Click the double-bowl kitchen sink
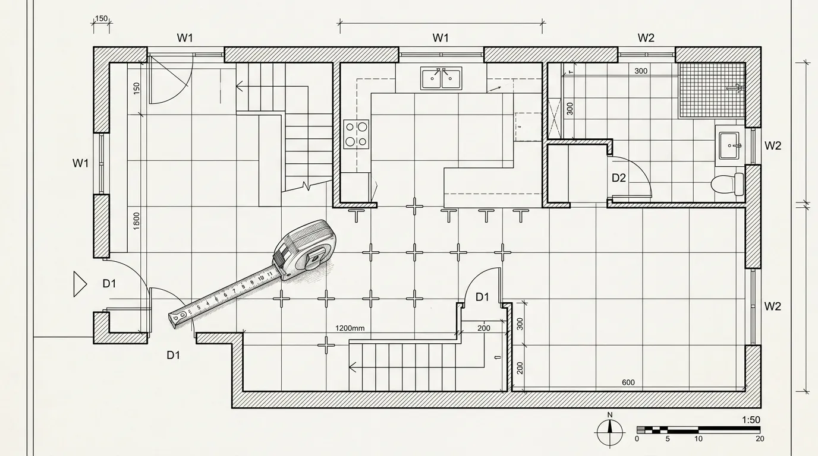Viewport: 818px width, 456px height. click(x=441, y=78)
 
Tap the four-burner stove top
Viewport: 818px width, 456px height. click(x=356, y=134)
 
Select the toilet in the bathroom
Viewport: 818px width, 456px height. click(x=727, y=184)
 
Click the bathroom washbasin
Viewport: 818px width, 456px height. click(x=729, y=145)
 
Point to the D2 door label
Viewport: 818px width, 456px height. click(x=619, y=178)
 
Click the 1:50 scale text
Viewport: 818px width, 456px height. click(x=751, y=420)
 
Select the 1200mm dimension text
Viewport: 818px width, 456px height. click(x=350, y=328)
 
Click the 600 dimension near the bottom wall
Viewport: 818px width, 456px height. click(x=628, y=382)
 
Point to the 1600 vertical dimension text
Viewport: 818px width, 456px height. click(x=136, y=221)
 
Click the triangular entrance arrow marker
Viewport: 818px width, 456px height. click(x=80, y=284)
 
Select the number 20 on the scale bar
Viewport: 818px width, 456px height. click(x=760, y=439)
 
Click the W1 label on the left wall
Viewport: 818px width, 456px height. click(x=80, y=163)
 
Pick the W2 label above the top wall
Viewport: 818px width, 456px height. click(x=646, y=37)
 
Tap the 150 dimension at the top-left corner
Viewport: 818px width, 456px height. click(x=101, y=18)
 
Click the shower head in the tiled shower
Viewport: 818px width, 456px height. click(x=735, y=87)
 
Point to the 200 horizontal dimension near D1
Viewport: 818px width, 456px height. click(x=484, y=328)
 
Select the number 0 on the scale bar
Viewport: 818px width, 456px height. click(x=637, y=439)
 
